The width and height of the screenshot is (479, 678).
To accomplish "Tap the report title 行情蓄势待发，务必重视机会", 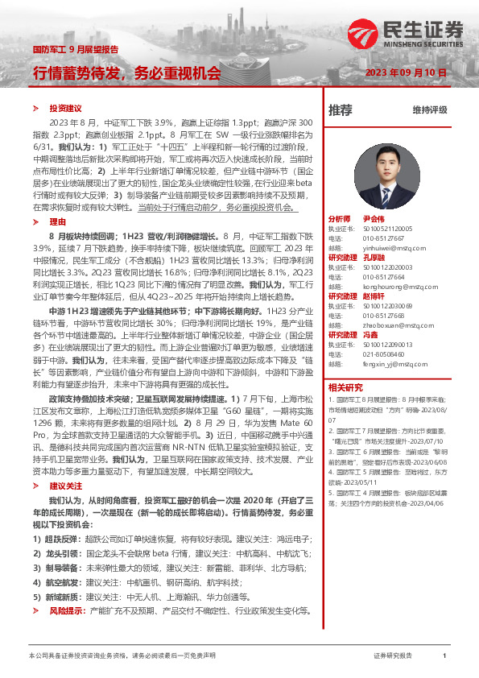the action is (x=126, y=72).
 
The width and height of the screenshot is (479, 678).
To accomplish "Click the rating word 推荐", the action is (x=341, y=109).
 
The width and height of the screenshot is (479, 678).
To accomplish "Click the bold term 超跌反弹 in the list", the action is (x=60, y=538).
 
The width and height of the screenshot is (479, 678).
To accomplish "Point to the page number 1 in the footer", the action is (x=444, y=657).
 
